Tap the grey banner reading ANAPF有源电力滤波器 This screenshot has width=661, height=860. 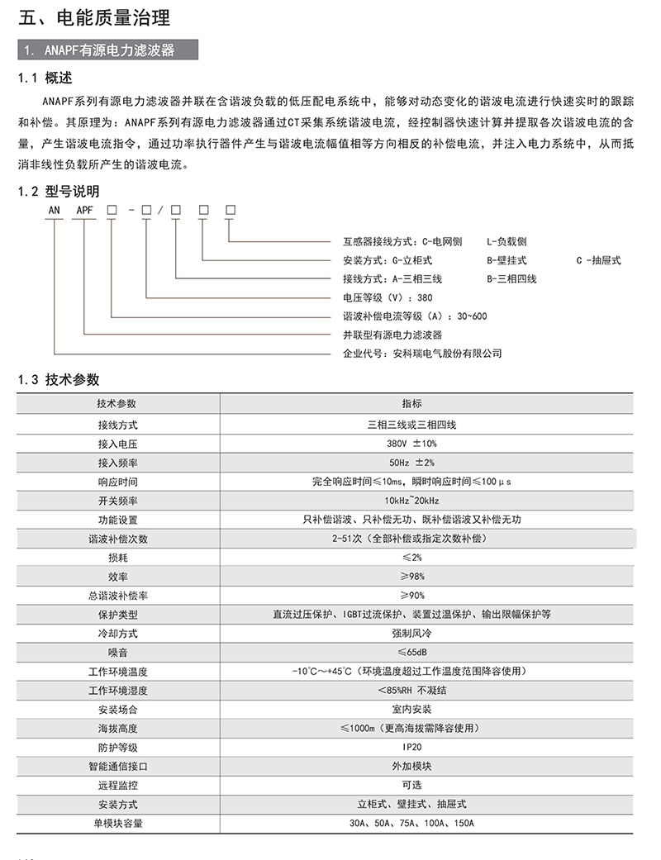coord(108,50)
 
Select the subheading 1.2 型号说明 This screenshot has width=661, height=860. coord(55,192)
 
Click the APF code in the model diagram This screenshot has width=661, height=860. coord(85,210)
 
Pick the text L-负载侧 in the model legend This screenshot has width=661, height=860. coord(506,242)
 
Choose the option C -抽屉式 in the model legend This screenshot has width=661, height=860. coord(598,260)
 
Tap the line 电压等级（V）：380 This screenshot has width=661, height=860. coord(388,297)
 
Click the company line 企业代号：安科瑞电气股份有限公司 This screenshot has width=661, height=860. coord(422,353)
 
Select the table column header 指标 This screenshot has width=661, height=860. coord(411,404)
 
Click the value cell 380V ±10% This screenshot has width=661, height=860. coord(411,443)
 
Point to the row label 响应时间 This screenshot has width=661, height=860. coord(117,481)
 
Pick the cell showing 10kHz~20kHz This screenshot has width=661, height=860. coord(411,501)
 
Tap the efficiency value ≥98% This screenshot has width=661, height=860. coord(411,576)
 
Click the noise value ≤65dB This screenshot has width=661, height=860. coord(411,652)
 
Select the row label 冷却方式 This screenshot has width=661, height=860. coord(117,633)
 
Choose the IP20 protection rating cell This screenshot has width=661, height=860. coord(411,747)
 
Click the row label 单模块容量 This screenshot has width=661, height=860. coord(117,823)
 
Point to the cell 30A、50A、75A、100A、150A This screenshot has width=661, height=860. coord(411,823)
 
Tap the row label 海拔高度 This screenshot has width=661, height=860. coord(117,728)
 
